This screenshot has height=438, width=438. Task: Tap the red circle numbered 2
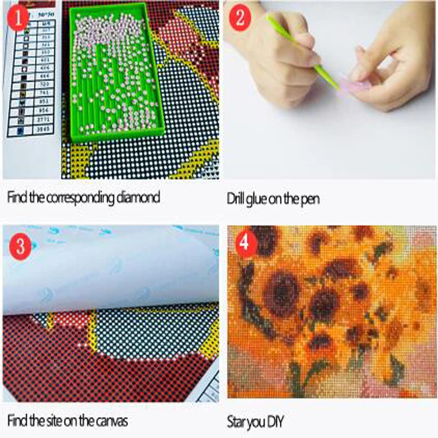click(x=239, y=20)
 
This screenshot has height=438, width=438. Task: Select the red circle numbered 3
click(x=20, y=245)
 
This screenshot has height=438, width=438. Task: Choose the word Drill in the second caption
click(x=237, y=198)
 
